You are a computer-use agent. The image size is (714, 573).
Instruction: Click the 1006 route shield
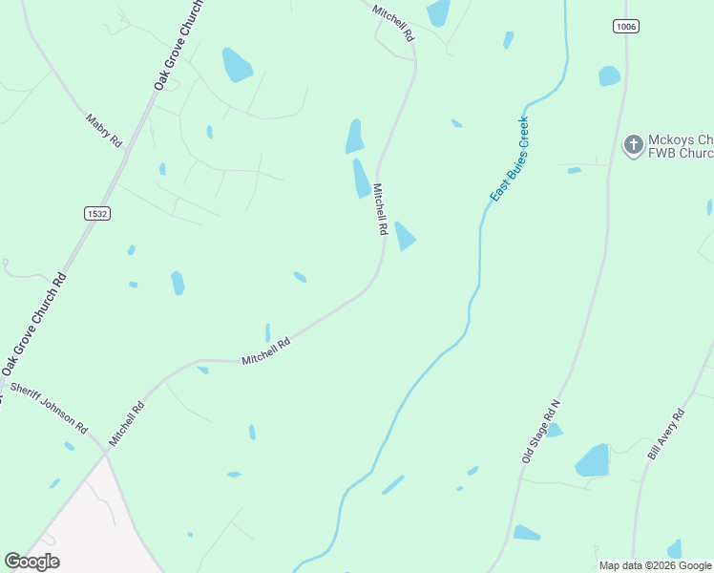coord(626,27)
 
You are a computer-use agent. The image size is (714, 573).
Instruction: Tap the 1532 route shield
coord(95,213)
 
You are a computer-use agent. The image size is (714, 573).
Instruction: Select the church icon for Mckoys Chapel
coord(632,145)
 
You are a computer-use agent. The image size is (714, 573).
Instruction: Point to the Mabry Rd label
coord(104,130)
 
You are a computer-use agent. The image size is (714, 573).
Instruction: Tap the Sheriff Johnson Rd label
coord(49,408)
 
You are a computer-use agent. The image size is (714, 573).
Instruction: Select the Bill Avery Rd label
coord(666,435)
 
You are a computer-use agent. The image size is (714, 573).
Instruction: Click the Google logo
coord(31,562)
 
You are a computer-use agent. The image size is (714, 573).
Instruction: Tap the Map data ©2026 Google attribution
coord(654,565)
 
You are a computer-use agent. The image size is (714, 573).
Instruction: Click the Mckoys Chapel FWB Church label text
coord(680,145)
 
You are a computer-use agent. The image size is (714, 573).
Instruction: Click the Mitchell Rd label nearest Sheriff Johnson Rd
coord(126,423)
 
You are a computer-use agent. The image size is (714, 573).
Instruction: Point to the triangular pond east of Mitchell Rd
coord(405,236)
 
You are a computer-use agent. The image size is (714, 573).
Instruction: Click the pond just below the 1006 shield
coord(609,75)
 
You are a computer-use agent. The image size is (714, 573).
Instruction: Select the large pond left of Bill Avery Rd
coord(593,461)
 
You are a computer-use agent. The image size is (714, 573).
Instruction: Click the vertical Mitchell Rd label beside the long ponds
coord(379,209)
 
